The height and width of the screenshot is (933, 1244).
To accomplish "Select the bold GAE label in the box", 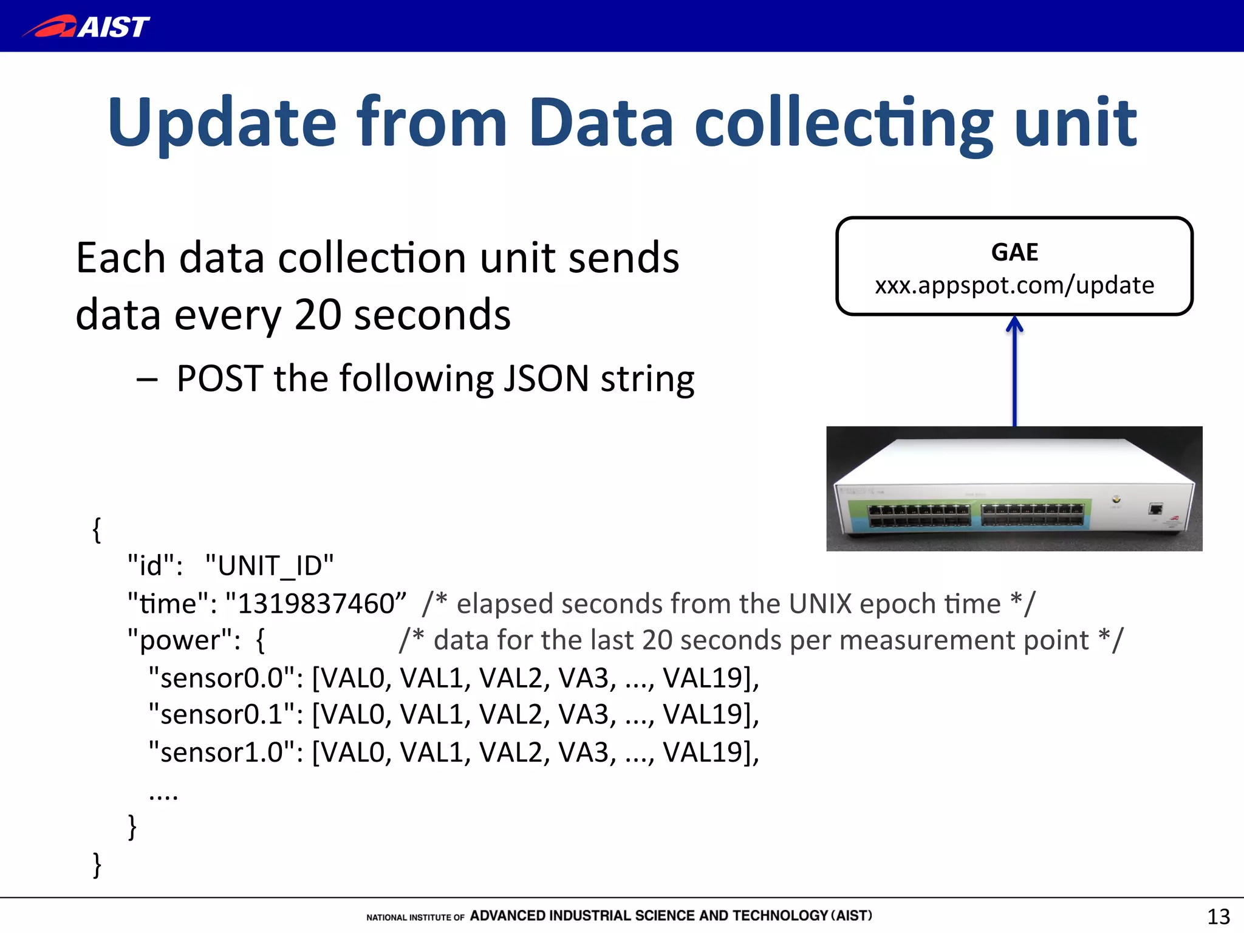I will [x=1014, y=252].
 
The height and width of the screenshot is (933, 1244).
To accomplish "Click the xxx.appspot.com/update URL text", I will [x=1014, y=285].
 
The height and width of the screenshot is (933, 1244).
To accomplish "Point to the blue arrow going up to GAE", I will [x=1014, y=371].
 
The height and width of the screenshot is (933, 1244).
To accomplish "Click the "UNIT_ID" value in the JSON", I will [x=269, y=566].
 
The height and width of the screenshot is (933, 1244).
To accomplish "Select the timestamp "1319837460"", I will [x=316, y=603].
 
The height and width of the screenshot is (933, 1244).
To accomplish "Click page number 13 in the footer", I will [x=1218, y=916].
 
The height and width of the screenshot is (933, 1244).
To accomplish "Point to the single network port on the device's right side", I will [x=1155, y=509].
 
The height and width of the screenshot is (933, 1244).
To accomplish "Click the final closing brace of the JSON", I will [x=97, y=864].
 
